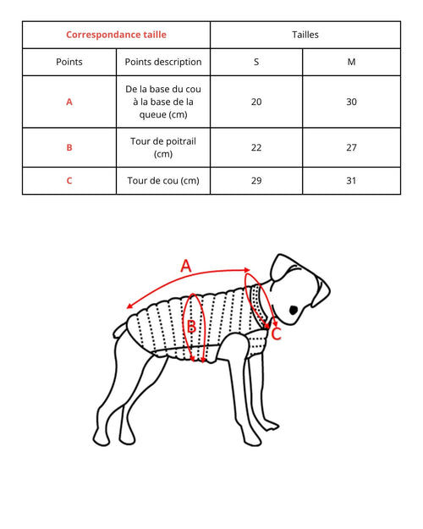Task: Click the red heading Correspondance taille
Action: pyautogui.click(x=116, y=35)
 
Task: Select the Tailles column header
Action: pyautogui.click(x=305, y=35)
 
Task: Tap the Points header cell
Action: pyautogui.click(x=69, y=62)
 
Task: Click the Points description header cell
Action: pyautogui.click(x=163, y=62)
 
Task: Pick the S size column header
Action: pyautogui.click(x=256, y=62)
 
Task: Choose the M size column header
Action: pyautogui.click(x=351, y=62)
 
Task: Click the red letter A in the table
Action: pyautogui.click(x=69, y=102)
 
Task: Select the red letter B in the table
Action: pyautogui.click(x=69, y=147)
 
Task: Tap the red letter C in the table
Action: pyautogui.click(x=69, y=180)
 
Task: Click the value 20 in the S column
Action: pyautogui.click(x=256, y=102)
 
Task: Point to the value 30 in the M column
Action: pyautogui.click(x=351, y=102)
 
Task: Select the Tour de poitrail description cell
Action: pyautogui.click(x=163, y=147)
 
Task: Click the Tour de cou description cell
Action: pyautogui.click(x=163, y=180)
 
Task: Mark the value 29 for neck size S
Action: pyautogui.click(x=256, y=180)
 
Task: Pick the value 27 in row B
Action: pyautogui.click(x=351, y=147)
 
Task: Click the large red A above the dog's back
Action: pyautogui.click(x=187, y=266)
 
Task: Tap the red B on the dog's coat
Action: pyautogui.click(x=191, y=327)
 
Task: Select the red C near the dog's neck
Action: pyautogui.click(x=276, y=333)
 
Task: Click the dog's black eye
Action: pyautogui.click(x=294, y=311)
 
